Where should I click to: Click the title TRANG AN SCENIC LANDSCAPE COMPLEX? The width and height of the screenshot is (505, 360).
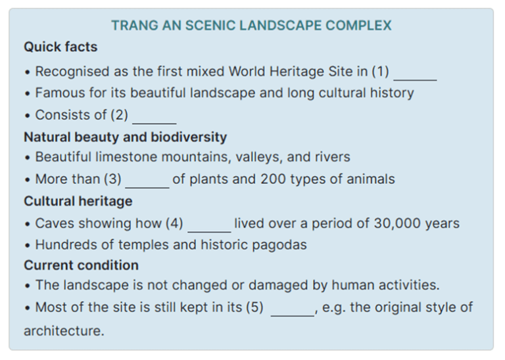point(251,26)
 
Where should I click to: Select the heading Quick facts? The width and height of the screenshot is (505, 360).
point(60,47)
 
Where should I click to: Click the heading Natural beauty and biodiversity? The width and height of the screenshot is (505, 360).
point(125,137)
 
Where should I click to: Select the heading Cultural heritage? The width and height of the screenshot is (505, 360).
point(78,201)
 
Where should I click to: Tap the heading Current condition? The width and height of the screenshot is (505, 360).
point(81,265)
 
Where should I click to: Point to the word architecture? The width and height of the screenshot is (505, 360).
point(63,331)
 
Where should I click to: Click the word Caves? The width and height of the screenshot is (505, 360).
point(54,223)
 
